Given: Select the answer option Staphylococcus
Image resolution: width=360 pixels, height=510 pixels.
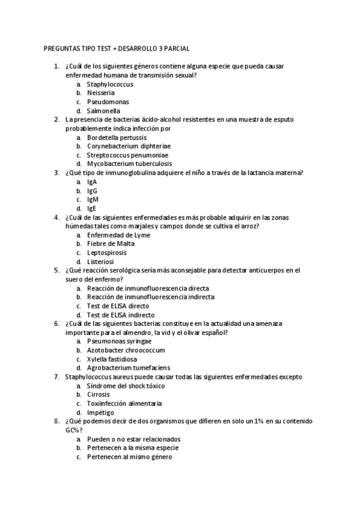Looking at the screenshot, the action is tap(110, 84).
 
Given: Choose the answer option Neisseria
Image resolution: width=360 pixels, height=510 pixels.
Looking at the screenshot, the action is tap(101, 93).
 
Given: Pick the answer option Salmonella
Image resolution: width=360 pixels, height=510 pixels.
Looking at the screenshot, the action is tap(103, 111).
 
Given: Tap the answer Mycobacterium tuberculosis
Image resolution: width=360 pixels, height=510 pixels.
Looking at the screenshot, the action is tap(129, 164).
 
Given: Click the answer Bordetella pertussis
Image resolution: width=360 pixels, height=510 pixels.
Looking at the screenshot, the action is tap(117, 137).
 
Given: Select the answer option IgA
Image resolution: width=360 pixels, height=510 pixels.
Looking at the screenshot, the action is tap(92, 182).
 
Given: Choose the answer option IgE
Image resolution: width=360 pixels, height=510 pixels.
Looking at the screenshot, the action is tap(91, 208).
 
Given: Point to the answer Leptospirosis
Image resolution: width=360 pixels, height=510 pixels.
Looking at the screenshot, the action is tap(107, 253).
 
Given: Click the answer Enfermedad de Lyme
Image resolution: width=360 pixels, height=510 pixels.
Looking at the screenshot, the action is tap(118, 235).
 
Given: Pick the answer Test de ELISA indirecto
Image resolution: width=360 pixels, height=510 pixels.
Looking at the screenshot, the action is tap(120, 315).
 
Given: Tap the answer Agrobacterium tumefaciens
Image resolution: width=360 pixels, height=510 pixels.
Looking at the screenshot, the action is tap(129, 367).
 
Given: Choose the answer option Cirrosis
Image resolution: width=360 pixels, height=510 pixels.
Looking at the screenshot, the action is tap(99, 394).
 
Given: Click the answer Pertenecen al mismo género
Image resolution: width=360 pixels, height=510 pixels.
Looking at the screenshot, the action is tap(129, 456).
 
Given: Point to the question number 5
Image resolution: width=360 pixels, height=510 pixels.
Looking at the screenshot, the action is tap(56, 271).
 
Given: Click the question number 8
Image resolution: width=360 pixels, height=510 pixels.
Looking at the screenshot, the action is tap(56, 421).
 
